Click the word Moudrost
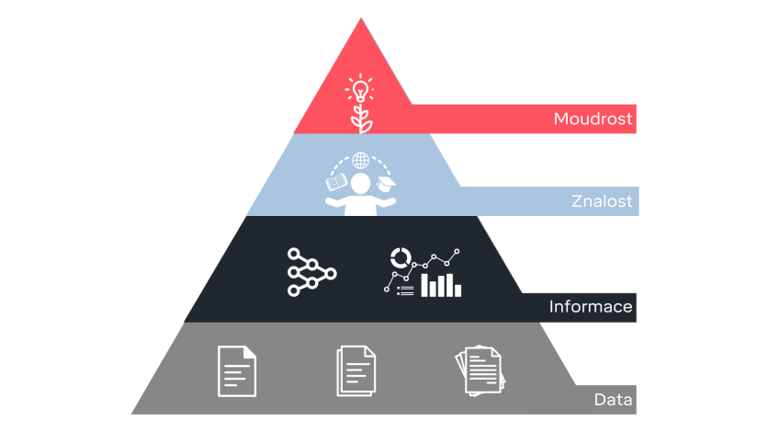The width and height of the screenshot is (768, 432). coord(593,119)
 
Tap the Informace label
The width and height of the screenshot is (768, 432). coord(591,306)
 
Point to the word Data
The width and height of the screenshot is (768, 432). coord(613,400)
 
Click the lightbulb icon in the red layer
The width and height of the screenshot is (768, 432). coord(359,90)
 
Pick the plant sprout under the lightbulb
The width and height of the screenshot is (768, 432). coord(359,119)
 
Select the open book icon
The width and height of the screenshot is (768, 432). coord(336,180)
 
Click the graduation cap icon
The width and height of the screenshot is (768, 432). coord(387,183)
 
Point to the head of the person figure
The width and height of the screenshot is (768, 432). coord(361,183)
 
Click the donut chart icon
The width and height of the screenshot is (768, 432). coord(401,256)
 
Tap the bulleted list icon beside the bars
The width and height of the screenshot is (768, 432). coord(405,290)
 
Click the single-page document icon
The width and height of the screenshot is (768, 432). coord(237,370)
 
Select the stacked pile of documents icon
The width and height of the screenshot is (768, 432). coord(480,370)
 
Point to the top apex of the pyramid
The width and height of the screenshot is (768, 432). coord(359,18)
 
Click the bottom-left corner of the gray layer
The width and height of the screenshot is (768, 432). coord(132,414)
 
